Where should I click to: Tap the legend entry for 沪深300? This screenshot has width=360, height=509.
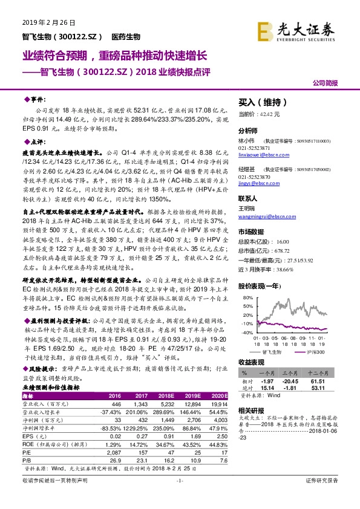coord(312,352)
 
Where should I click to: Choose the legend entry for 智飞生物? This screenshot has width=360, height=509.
coord(270,352)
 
